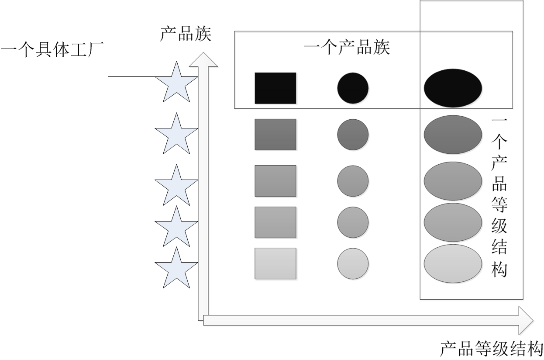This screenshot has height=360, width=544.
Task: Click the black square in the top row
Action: [x=275, y=88]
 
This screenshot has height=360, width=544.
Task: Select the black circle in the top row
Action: [x=353, y=88]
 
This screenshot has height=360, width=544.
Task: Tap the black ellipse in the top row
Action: [x=453, y=88]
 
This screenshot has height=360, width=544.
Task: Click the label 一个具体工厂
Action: [x=52, y=50]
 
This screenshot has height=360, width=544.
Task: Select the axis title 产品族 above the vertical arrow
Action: [x=186, y=34]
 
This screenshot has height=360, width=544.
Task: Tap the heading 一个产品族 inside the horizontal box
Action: [x=347, y=47]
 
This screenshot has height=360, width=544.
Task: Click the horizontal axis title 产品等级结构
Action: [x=492, y=350]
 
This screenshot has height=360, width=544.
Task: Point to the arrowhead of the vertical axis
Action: [x=203, y=59]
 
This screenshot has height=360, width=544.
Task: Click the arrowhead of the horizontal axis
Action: [x=526, y=320]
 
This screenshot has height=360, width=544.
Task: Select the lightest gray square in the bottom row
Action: [x=275, y=263]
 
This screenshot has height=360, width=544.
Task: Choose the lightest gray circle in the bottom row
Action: [x=353, y=263]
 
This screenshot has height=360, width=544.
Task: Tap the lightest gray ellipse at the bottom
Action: [x=453, y=263]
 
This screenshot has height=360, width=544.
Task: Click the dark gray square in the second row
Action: [x=275, y=135]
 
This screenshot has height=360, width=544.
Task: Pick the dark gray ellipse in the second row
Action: [x=453, y=135]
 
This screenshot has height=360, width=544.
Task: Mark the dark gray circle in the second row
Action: [x=353, y=135]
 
